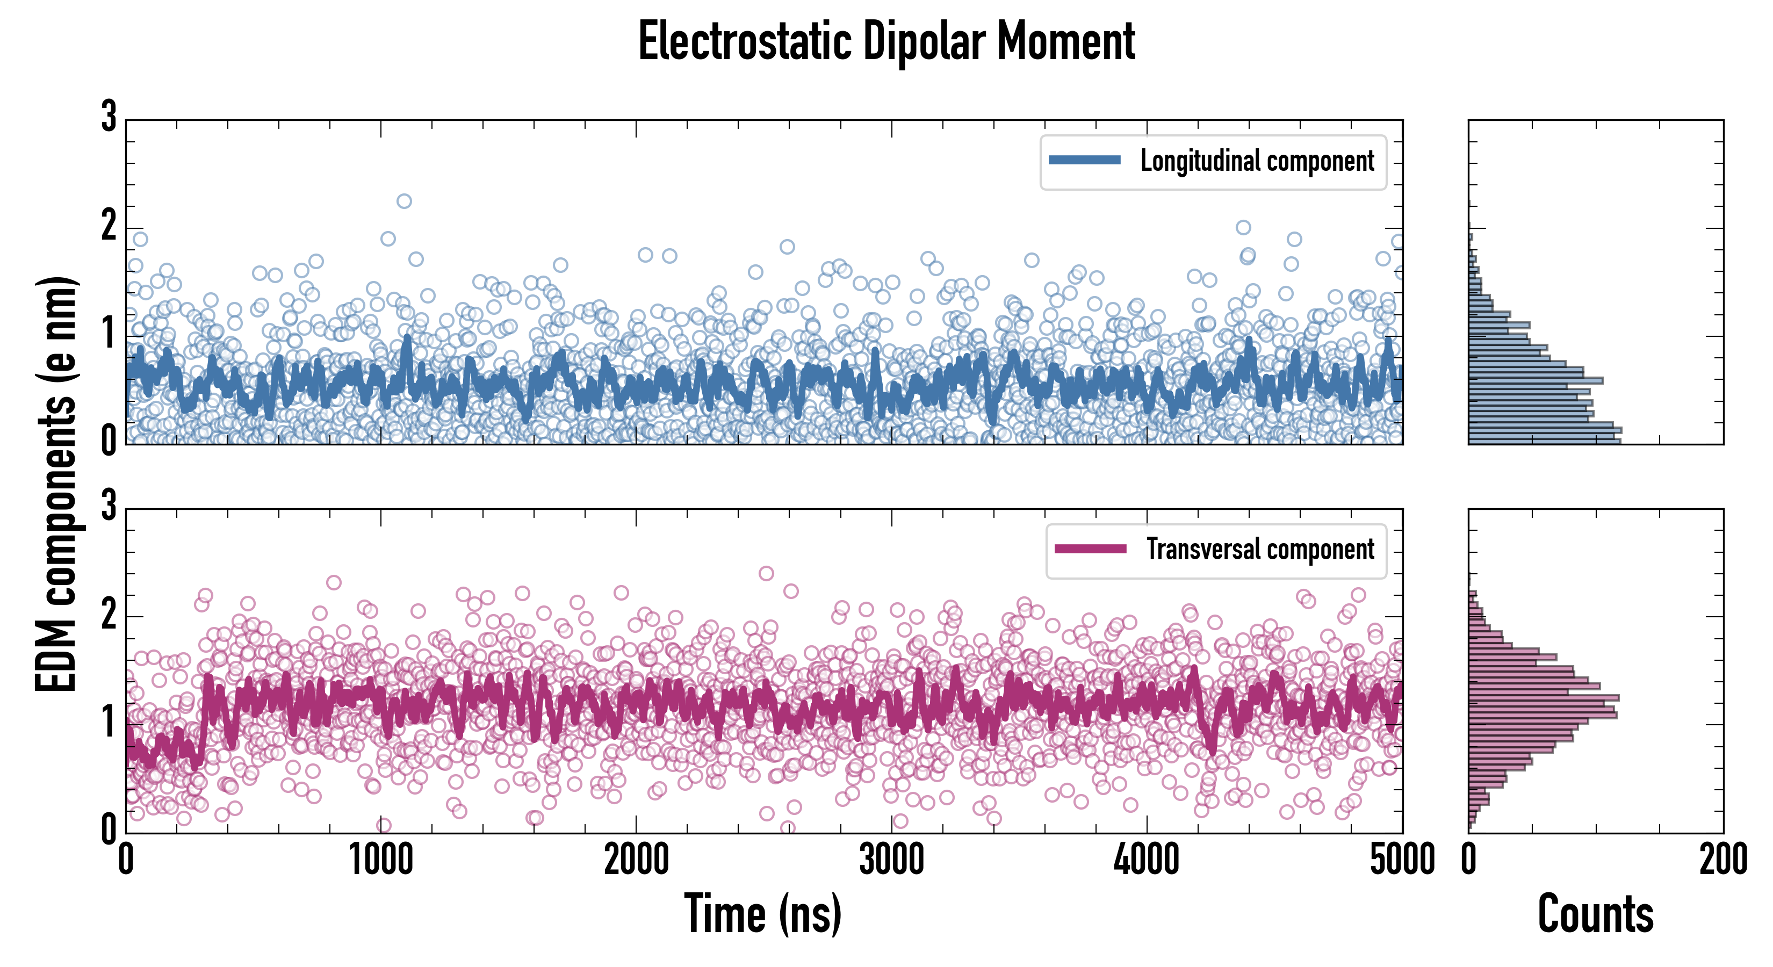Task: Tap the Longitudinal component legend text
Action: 1257,161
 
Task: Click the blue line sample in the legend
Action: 1084,161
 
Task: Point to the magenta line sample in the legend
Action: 1090,549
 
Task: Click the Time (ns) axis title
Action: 762,914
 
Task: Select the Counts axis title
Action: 1595,914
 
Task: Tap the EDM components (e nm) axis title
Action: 56,485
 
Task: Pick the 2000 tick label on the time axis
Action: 637,860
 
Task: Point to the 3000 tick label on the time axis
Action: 892,860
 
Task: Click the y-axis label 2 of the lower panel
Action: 109,614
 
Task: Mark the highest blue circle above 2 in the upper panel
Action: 404,201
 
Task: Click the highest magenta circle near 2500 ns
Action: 766,573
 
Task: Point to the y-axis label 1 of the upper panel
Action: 109,334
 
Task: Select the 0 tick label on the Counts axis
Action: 1469,860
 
